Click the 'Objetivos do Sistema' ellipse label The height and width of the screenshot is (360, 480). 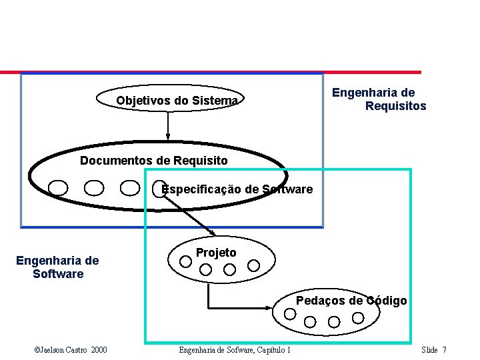click(177, 101)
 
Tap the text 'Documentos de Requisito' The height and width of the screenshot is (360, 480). click(153, 161)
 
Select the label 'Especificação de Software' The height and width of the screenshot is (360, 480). click(237, 189)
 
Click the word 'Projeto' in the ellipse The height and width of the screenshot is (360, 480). click(215, 253)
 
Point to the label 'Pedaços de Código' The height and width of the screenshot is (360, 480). click(351, 301)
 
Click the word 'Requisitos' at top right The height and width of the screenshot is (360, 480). click(395, 106)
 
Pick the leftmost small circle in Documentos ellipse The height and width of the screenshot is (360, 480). click(58, 188)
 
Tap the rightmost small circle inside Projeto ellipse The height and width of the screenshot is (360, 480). click(253, 265)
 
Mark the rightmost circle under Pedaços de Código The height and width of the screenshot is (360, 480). click(358, 317)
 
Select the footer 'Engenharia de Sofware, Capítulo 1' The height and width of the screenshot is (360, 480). click(235, 350)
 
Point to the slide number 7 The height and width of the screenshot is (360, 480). click(445, 350)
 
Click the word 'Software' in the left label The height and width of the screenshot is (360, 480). click(58, 274)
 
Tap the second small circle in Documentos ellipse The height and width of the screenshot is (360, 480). click(94, 188)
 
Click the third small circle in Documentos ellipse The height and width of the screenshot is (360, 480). click(130, 188)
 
